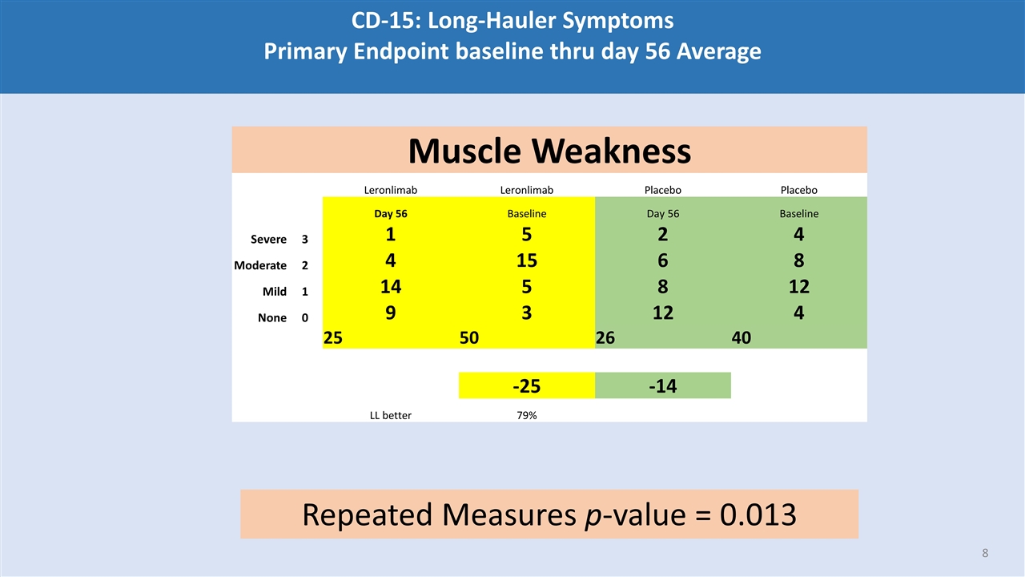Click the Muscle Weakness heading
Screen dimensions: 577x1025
click(x=549, y=151)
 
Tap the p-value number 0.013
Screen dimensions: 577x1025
click(x=758, y=514)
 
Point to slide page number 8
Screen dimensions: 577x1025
click(x=985, y=553)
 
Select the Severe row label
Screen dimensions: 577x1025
click(x=268, y=240)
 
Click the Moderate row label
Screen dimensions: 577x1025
click(x=260, y=265)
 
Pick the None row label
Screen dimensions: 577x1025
click(x=272, y=317)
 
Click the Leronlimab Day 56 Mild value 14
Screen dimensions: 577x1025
click(x=391, y=286)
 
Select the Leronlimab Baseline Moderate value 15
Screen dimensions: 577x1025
click(x=526, y=260)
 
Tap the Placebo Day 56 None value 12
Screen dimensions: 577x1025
click(x=662, y=312)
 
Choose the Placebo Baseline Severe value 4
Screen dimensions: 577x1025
click(x=798, y=235)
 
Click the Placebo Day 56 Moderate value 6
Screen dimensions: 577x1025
click(x=662, y=260)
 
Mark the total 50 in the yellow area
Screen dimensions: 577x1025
click(x=469, y=338)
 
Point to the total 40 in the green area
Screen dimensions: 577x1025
click(x=742, y=338)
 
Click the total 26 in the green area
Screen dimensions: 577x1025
click(x=605, y=338)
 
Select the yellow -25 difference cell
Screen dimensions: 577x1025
click(x=526, y=386)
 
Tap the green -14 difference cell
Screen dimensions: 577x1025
click(x=662, y=386)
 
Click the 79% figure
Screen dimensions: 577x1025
click(x=526, y=415)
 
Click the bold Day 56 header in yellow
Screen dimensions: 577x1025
click(x=391, y=214)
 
